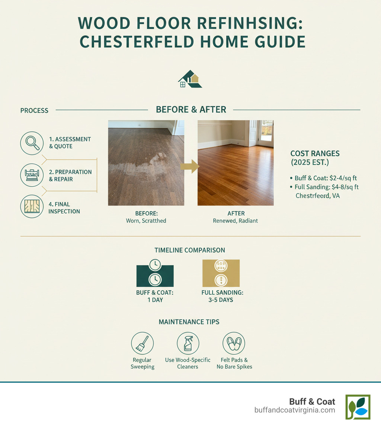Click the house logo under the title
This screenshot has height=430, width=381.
tap(190, 79)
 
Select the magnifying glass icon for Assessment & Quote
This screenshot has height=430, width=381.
tap(32, 143)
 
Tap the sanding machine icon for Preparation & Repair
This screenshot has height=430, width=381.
tap(32, 175)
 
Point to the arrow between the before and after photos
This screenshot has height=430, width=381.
tap(190, 166)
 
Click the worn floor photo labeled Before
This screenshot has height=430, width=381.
tap(146, 163)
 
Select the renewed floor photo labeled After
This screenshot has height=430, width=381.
tap(235, 163)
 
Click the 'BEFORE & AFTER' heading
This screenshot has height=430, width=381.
tap(191, 110)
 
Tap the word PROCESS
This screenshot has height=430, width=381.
tap(34, 111)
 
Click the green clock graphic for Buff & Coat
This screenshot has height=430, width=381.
tap(155, 273)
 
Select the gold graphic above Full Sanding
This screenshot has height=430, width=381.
tap(221, 273)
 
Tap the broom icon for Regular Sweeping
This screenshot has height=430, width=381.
tap(142, 343)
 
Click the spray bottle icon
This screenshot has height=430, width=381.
tap(188, 343)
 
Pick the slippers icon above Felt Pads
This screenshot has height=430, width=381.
tap(234, 343)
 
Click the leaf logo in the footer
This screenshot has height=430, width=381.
tap(358, 407)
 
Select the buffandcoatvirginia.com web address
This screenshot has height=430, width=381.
tap(295, 410)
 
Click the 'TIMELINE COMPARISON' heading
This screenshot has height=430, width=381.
tap(190, 250)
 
